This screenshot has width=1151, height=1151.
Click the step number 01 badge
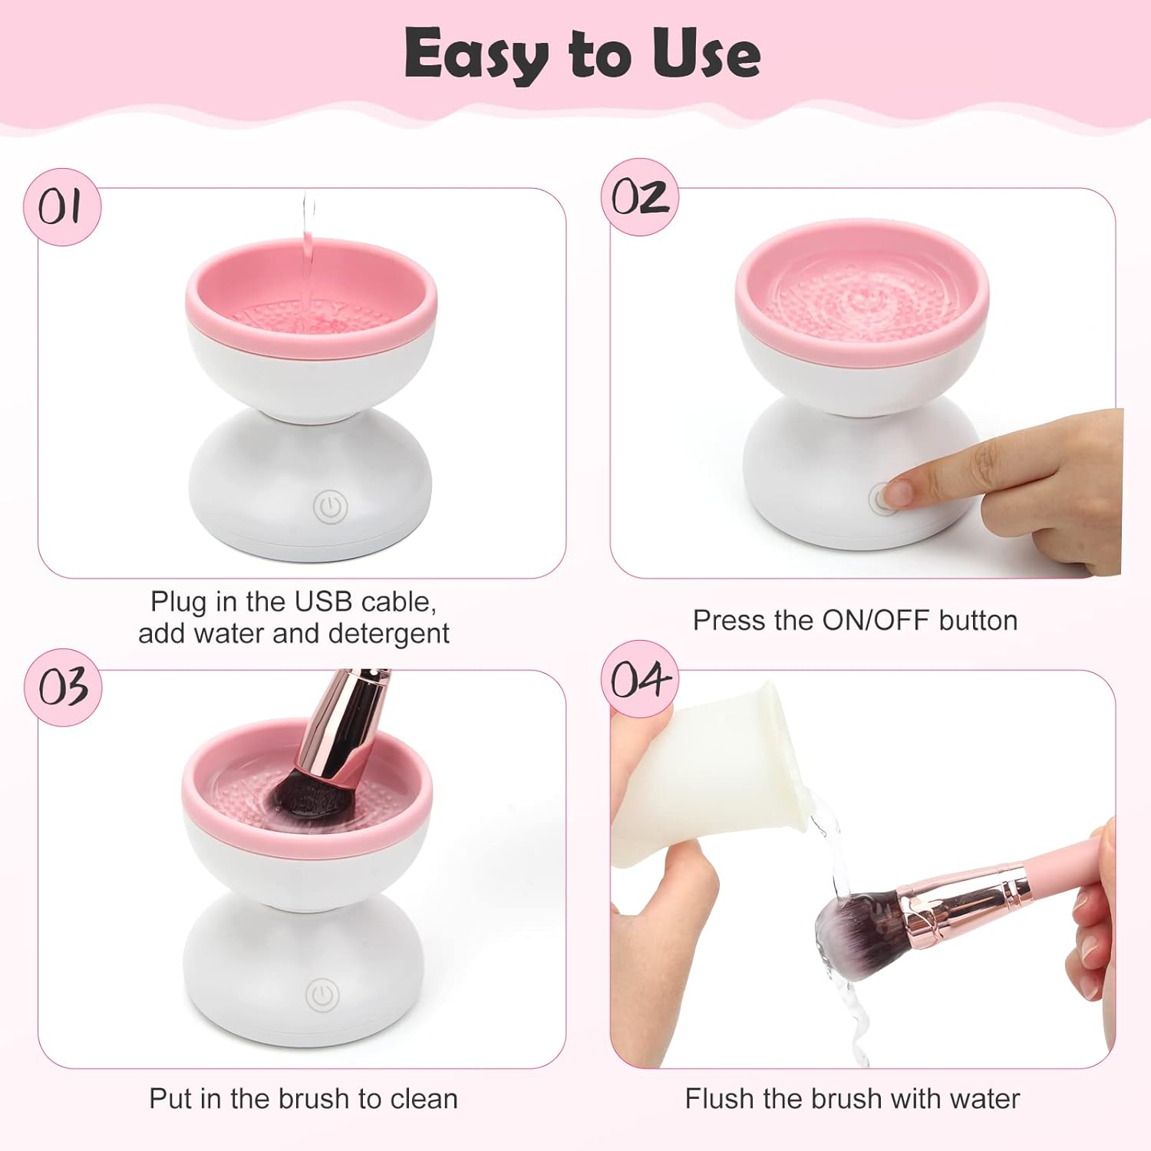61,206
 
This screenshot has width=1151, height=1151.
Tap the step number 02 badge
639,197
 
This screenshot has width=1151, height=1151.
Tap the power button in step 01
330,506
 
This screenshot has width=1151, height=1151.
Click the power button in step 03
322,995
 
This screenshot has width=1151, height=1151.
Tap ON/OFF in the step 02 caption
876,620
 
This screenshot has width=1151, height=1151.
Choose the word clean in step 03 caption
424,1099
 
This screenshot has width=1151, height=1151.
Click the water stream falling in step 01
308,246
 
